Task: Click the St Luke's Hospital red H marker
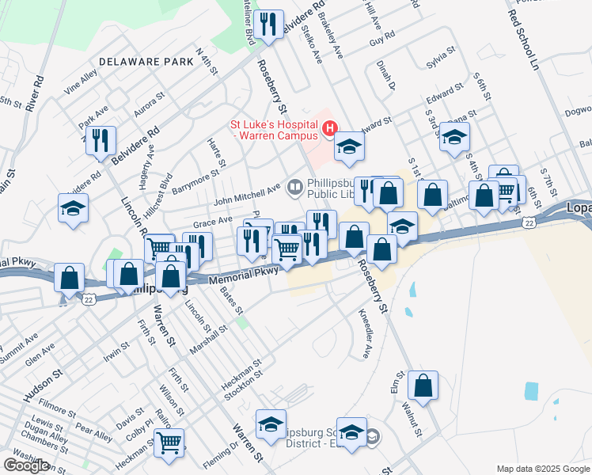pos(330,127)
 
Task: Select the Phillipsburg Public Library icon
pos(295,186)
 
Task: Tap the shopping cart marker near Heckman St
pos(169,443)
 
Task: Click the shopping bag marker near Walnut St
pos(423,386)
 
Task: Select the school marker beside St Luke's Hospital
pos(349,146)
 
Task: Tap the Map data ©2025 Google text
pos(542,469)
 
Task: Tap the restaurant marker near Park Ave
pos(101,141)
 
